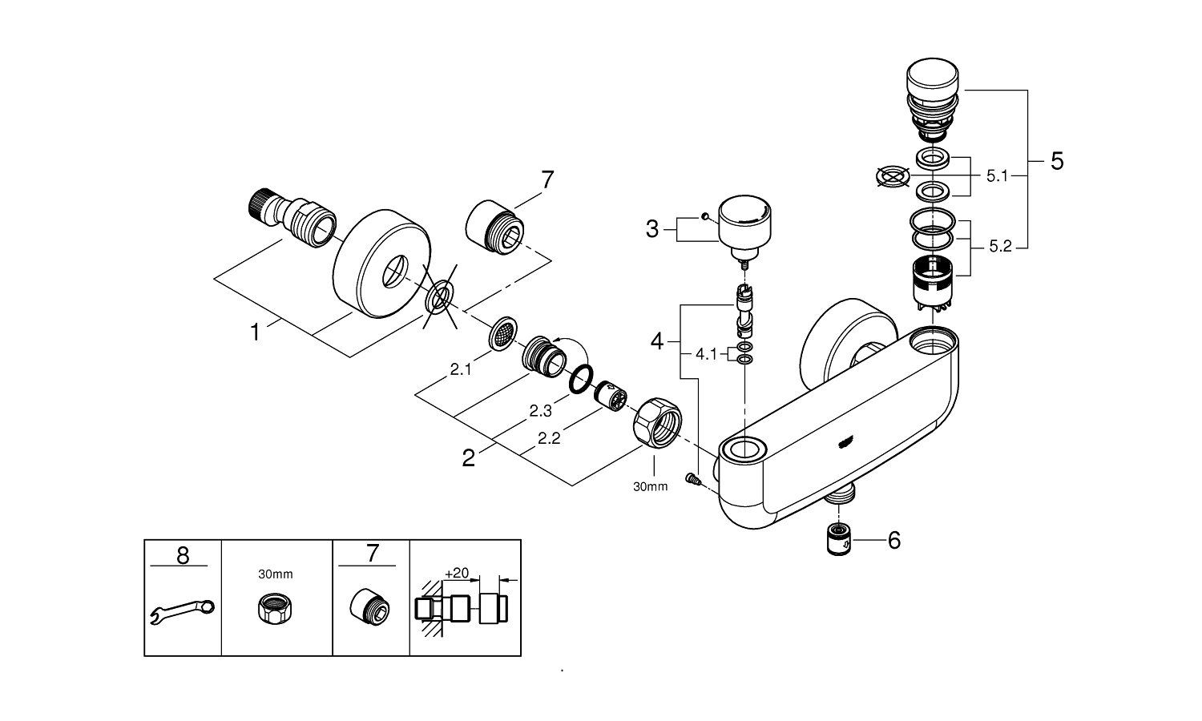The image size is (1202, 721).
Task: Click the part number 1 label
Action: click(256, 332)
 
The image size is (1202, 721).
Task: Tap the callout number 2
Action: click(469, 458)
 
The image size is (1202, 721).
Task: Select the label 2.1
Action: click(460, 369)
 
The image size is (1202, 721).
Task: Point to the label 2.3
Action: click(540, 410)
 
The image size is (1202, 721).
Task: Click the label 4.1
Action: click(706, 353)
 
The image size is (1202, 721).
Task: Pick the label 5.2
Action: click(1000, 248)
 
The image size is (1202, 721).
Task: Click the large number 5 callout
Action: click(1056, 162)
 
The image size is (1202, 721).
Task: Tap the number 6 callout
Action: click(893, 541)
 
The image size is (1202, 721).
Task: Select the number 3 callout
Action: click(652, 230)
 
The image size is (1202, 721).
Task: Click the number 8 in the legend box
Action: click(183, 555)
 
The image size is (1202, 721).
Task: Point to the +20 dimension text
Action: click(456, 573)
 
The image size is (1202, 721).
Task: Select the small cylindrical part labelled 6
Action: click(838, 540)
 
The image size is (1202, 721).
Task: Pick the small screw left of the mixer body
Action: click(693, 479)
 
